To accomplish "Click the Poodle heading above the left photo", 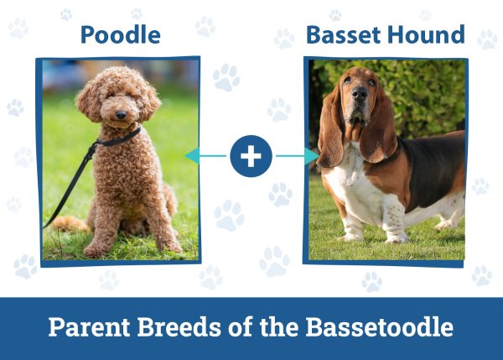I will tap(120, 35).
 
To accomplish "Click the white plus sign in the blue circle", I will tap(251, 156).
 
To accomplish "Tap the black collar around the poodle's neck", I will tap(122, 138).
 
